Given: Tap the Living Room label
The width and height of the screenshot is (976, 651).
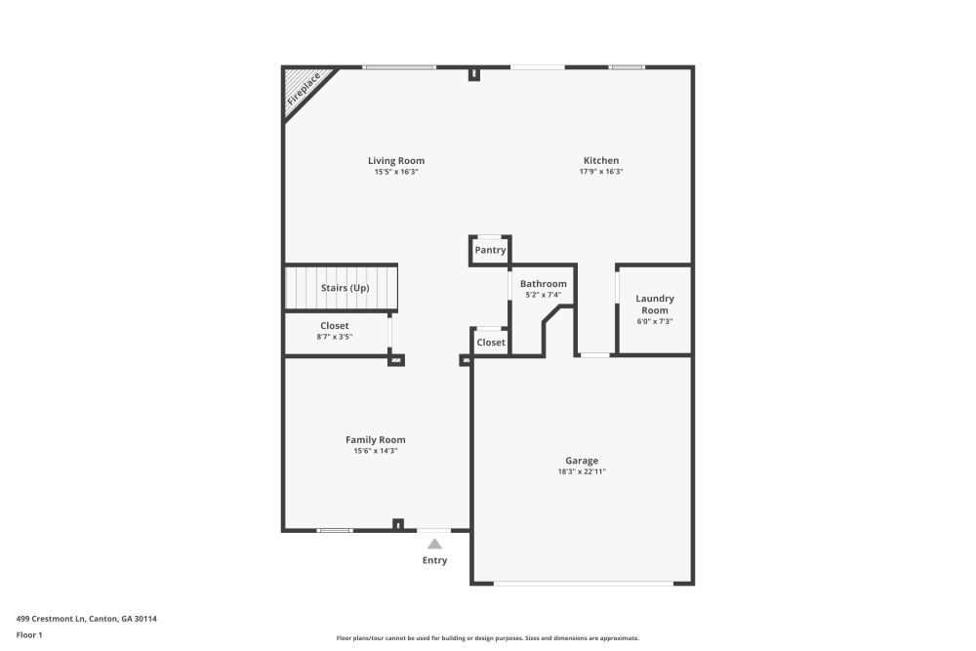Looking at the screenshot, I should [396, 161].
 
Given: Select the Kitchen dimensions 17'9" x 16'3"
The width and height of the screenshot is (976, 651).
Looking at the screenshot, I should [601, 172].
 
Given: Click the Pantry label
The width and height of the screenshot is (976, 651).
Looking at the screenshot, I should [490, 250].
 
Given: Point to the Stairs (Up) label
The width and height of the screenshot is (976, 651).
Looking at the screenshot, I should [346, 288].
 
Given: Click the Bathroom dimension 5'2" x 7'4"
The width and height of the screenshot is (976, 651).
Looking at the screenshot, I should [543, 295].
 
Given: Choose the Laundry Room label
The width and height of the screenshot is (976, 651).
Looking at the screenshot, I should [655, 305].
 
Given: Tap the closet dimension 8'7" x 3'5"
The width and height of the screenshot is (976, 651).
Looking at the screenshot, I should [335, 337].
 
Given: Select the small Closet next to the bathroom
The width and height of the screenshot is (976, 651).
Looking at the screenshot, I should [491, 343].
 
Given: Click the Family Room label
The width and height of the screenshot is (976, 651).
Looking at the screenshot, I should [376, 440].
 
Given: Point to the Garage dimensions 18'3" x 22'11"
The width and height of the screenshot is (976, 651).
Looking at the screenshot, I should [582, 472].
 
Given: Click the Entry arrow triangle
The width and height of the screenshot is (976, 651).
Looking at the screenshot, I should [434, 544].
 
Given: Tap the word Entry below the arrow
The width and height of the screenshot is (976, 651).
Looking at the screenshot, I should [434, 560].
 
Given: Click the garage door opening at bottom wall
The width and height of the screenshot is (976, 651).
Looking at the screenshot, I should [583, 584].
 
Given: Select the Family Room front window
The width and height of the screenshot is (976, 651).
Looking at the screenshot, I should [335, 530].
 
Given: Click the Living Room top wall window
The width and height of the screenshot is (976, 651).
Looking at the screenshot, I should [399, 67].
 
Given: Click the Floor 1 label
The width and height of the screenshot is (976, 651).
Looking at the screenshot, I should [29, 635].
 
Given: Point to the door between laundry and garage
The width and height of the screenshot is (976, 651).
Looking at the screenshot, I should [594, 355].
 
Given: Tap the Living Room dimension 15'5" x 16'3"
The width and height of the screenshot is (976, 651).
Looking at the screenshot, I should [396, 172].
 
